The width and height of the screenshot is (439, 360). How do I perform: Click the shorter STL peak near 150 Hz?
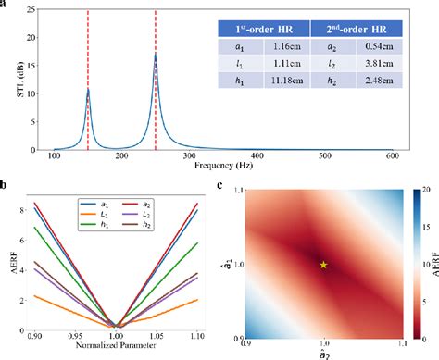(x=88, y=90)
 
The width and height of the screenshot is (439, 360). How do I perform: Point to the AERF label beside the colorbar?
(x=433, y=264)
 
